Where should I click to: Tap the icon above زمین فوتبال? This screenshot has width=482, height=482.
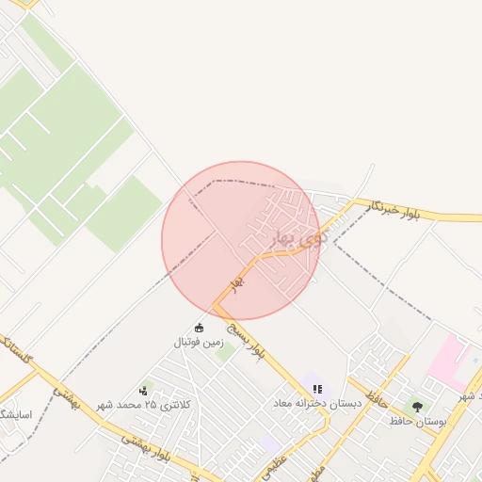tap(199, 328)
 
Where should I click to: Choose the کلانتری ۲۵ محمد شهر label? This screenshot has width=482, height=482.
tap(152, 404)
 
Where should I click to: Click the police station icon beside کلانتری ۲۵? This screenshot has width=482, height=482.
tap(143, 389)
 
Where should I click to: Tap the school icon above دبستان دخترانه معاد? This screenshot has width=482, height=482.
tap(317, 388)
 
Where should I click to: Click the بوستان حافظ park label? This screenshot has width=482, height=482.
tap(418, 421)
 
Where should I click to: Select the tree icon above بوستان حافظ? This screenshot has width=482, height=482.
tap(417, 407)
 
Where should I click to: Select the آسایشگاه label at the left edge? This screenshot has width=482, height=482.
tap(16, 414)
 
